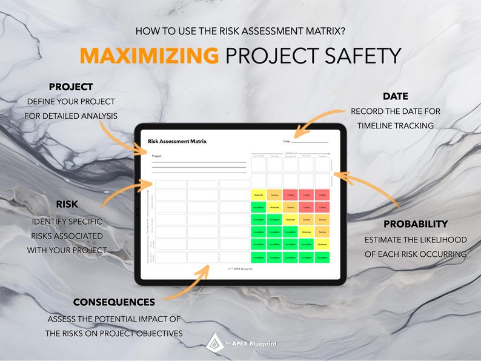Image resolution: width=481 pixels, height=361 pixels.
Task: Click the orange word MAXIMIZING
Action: (x=149, y=56)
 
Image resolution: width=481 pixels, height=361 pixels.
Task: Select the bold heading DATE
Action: (x=395, y=96)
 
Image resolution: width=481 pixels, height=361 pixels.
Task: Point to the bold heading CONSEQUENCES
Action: (x=114, y=302)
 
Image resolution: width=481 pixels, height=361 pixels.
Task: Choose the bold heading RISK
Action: (x=67, y=204)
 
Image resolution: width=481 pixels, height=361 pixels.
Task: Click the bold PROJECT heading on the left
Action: (x=70, y=87)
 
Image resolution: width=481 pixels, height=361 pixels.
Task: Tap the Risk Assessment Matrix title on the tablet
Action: (x=177, y=141)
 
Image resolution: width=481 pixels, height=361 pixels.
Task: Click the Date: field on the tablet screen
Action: (x=306, y=142)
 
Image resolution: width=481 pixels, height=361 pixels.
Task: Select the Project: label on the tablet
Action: (x=158, y=156)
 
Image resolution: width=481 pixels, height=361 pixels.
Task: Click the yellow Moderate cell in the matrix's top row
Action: (x=259, y=195)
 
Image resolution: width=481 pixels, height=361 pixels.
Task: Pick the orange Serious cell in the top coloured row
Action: (x=274, y=195)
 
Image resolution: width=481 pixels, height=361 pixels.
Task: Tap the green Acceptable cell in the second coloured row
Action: (x=259, y=207)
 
